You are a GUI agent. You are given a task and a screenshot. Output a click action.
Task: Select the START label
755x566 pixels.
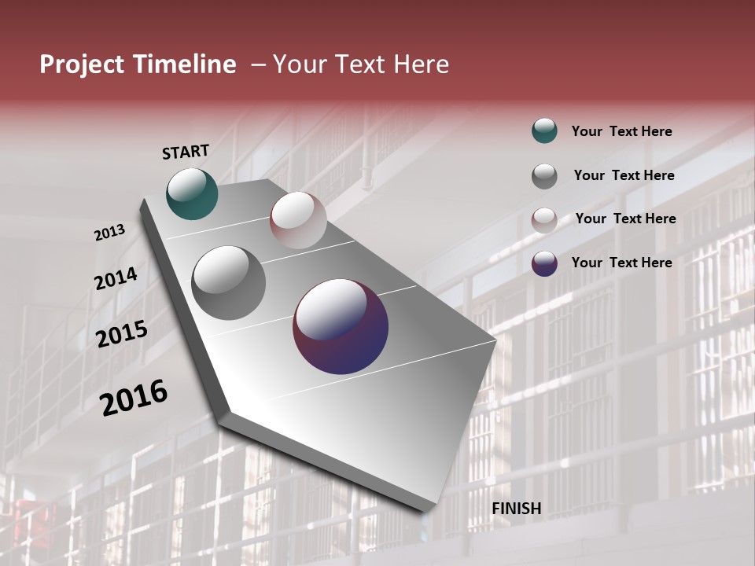click(186, 152)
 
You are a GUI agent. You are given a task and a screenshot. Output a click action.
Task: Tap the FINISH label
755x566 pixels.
click(517, 509)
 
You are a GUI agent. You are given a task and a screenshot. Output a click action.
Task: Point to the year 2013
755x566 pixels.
click(110, 233)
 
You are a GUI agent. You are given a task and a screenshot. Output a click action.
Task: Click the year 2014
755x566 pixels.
click(116, 279)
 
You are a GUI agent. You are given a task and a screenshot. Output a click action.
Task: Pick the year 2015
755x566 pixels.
click(122, 334)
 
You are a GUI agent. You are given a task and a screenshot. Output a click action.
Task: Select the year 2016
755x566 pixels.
click(134, 398)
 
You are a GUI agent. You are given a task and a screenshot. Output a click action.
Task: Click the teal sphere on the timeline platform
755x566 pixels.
click(192, 193)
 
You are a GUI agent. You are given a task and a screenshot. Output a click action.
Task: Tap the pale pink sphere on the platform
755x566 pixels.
click(298, 220)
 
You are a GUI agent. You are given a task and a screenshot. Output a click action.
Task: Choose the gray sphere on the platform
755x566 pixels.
click(229, 283)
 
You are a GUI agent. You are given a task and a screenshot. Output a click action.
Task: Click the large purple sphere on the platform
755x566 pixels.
click(341, 327)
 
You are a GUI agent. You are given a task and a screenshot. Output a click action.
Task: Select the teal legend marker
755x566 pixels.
click(544, 131)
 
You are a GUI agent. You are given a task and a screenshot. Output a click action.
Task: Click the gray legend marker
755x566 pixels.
click(544, 176)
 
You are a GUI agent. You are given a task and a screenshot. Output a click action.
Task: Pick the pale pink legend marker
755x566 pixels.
click(544, 220)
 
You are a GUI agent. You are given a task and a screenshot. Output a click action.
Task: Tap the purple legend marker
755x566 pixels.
click(544, 263)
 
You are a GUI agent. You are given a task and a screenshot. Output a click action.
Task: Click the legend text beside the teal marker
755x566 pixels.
click(622, 131)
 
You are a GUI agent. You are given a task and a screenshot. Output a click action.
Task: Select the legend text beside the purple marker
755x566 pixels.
click(622, 263)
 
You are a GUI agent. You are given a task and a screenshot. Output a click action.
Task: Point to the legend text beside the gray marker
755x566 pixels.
click(624, 175)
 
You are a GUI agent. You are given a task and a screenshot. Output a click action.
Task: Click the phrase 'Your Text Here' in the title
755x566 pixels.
click(361, 64)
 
